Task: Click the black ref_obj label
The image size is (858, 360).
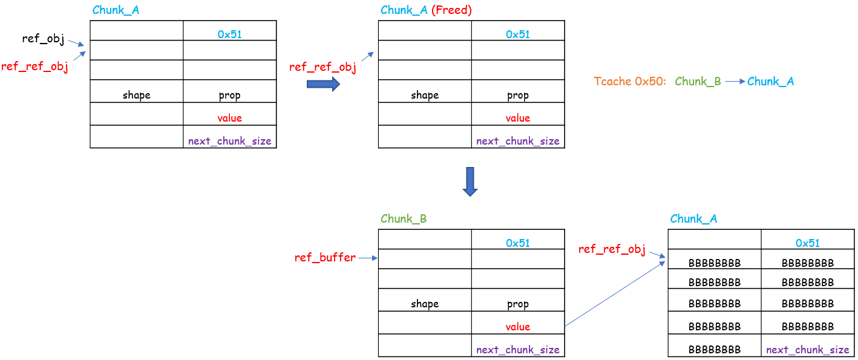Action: point(42,39)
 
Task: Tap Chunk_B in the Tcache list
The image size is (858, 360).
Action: point(698,81)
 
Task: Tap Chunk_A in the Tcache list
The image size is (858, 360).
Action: point(770,81)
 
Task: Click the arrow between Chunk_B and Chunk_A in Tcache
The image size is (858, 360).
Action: point(734,81)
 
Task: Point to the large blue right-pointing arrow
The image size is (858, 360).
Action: point(323,84)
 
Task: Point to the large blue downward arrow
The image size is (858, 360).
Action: point(470,182)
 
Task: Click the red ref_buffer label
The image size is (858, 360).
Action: point(325,258)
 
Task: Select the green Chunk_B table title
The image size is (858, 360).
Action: point(404,219)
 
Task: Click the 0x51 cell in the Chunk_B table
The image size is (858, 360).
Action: point(517,243)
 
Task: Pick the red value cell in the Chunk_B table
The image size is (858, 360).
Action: point(517,327)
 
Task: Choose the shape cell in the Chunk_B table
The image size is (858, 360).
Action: point(424,304)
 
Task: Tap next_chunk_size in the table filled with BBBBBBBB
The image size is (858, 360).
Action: point(807,350)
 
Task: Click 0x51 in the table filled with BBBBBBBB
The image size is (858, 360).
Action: point(807,243)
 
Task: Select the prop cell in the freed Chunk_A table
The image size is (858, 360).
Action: point(517,95)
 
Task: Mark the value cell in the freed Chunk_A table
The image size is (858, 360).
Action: point(517,118)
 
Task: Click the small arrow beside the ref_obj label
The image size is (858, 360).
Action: point(76,44)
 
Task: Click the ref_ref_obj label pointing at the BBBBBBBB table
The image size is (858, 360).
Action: point(612,249)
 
